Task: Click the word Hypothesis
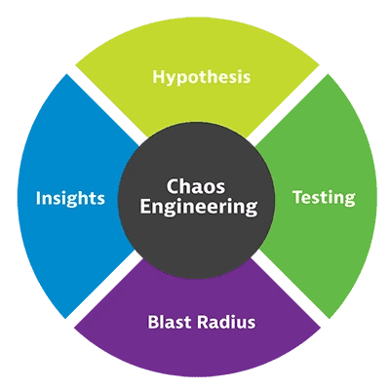click(x=199, y=77)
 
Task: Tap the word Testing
click(x=324, y=198)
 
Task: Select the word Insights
click(x=71, y=198)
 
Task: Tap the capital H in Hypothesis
click(x=157, y=76)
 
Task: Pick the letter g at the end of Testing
click(x=350, y=200)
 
